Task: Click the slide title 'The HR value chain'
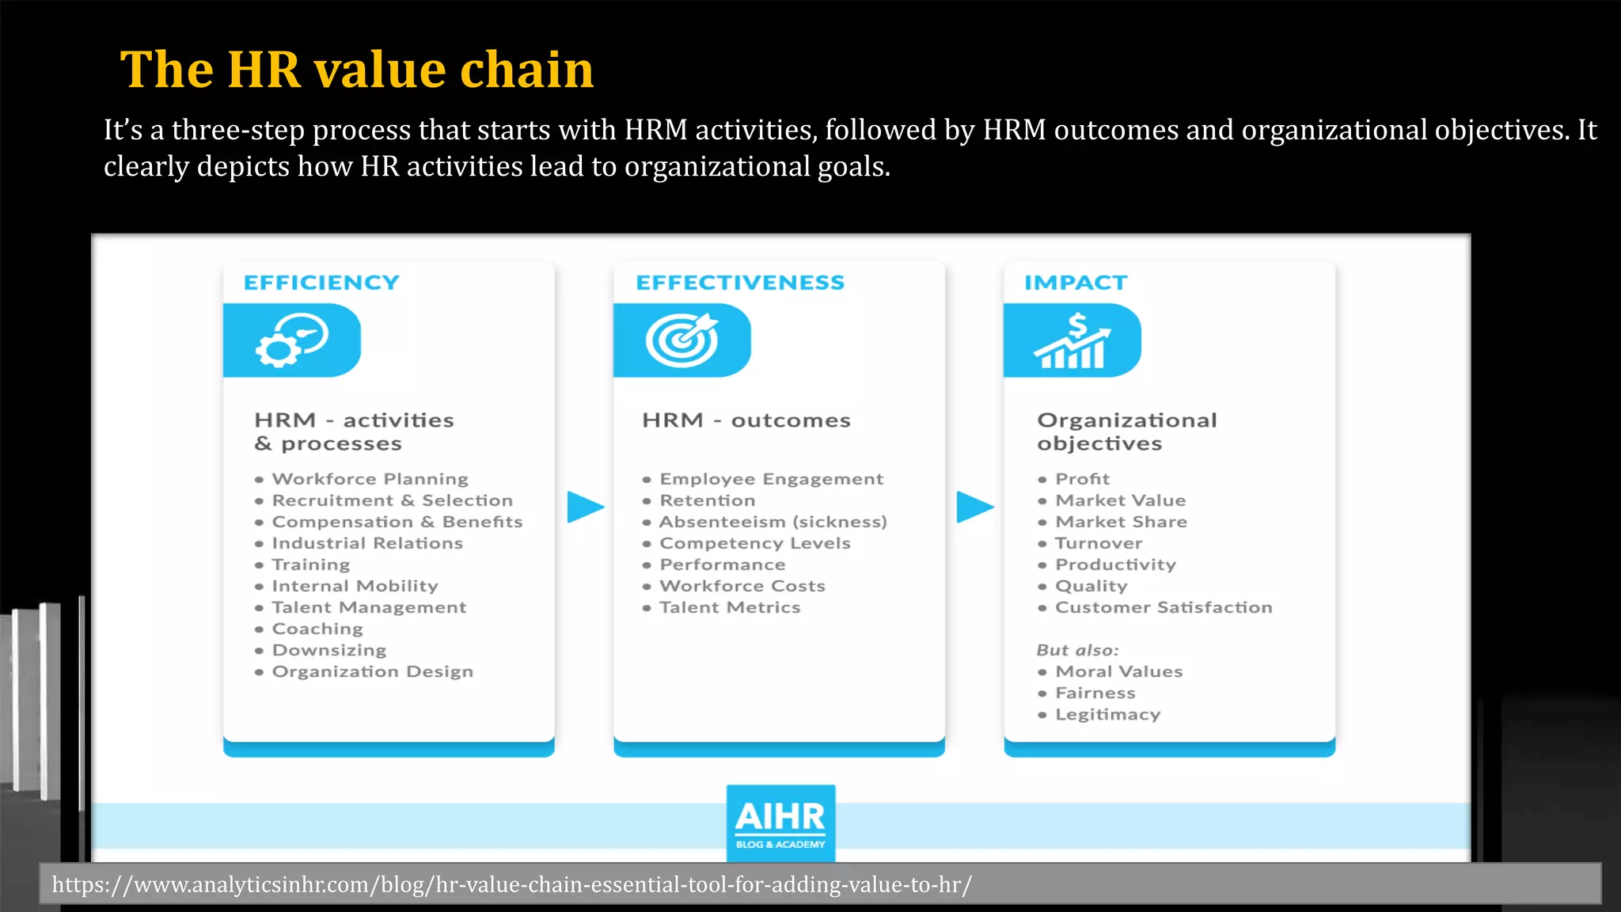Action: tap(356, 70)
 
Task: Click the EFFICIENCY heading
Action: tap(321, 283)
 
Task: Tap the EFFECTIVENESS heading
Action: tap(740, 283)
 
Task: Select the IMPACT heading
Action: tap(1075, 283)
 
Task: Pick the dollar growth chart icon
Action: tap(1072, 340)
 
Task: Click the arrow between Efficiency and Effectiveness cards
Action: tap(585, 507)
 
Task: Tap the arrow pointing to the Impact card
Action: tap(974, 507)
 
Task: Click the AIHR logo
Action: tap(780, 823)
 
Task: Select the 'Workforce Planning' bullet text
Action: tap(370, 479)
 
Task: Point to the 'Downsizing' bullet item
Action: tap(329, 650)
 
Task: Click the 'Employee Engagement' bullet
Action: tap(771, 479)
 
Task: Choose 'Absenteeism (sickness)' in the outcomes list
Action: tap(773, 522)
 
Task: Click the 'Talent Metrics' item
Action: tap(730, 607)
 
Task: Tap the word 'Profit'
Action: tap(1082, 479)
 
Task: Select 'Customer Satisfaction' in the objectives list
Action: tap(1164, 607)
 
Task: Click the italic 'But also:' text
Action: tap(1077, 650)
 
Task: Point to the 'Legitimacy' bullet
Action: tap(1107, 714)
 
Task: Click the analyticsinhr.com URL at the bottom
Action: tap(511, 884)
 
